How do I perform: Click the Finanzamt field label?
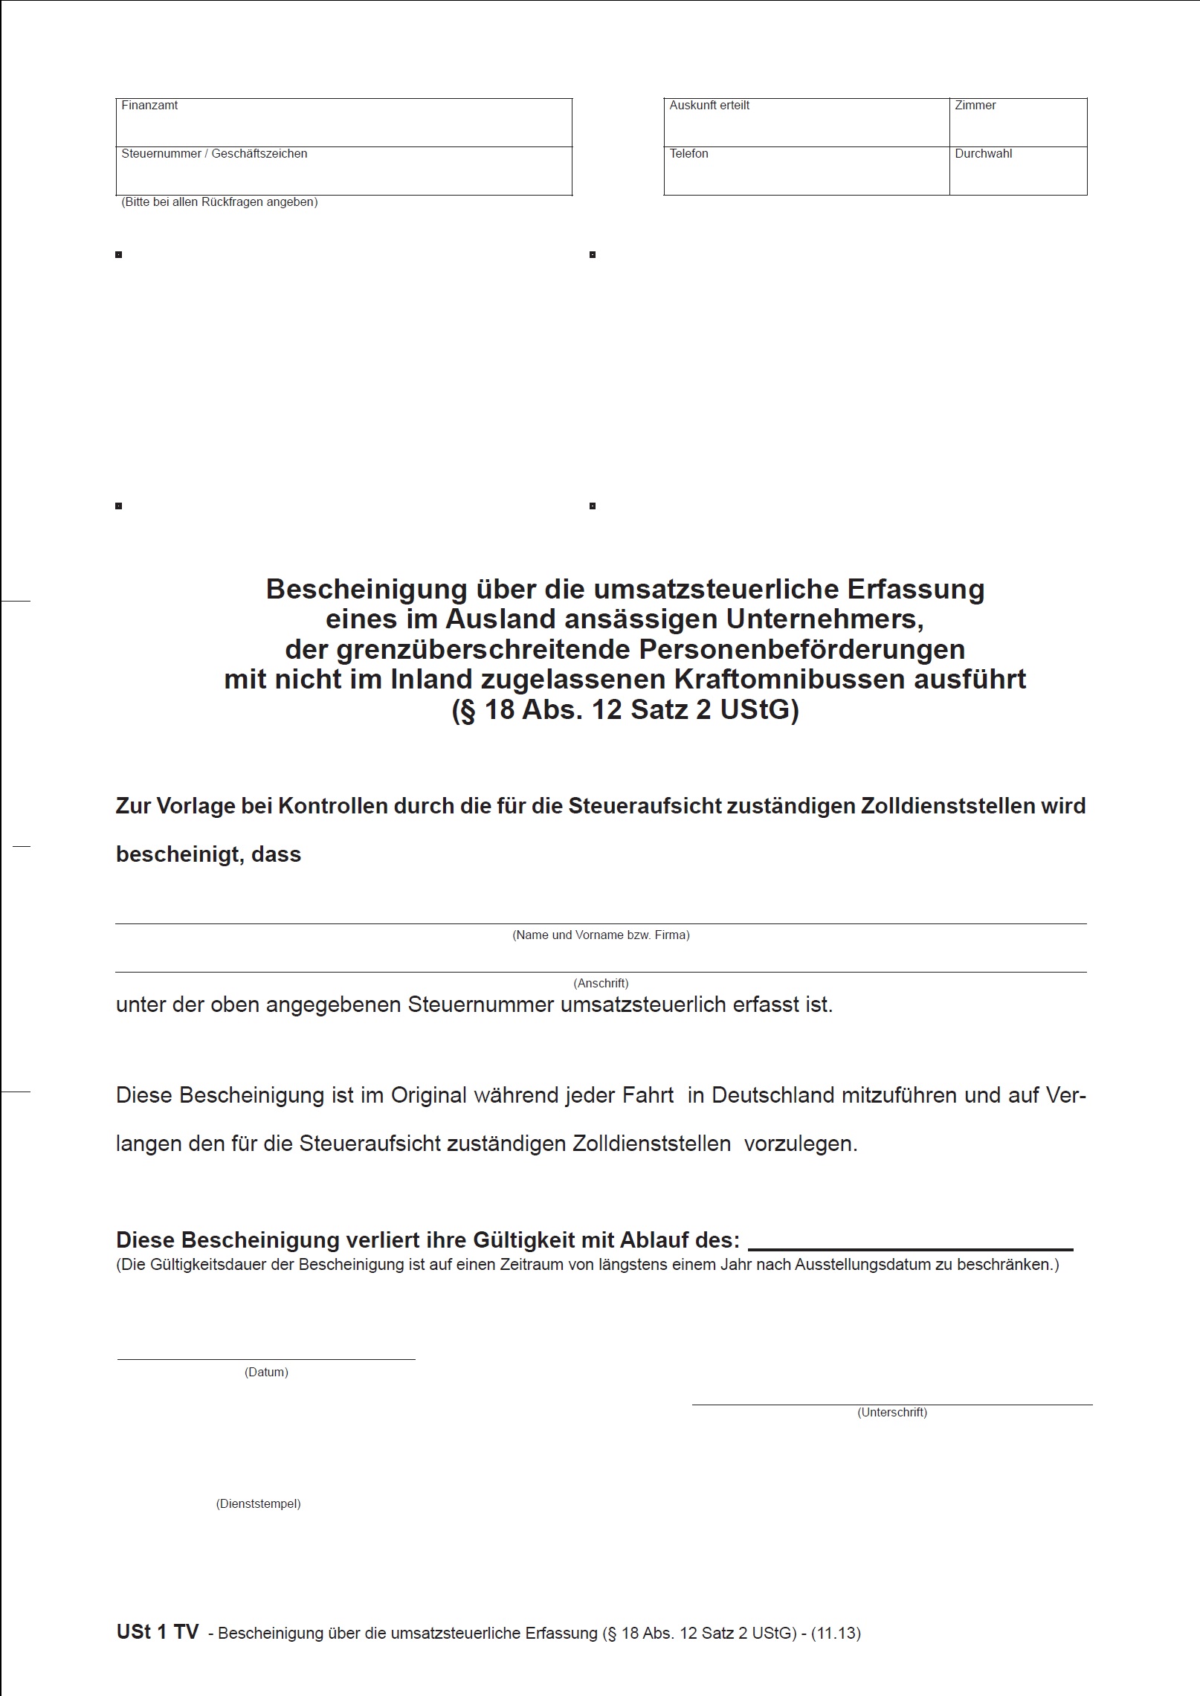click(x=149, y=106)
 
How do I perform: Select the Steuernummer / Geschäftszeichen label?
click(x=214, y=154)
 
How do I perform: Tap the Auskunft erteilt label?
click(x=709, y=106)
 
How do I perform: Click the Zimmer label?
click(x=975, y=106)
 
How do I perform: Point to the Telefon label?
click(x=688, y=154)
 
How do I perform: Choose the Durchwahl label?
click(x=983, y=154)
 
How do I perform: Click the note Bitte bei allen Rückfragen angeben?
click(x=219, y=202)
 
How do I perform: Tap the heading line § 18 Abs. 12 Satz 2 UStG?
click(x=625, y=711)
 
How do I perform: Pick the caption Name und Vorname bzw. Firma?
click(x=601, y=935)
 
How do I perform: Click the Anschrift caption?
click(x=601, y=983)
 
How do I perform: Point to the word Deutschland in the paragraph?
click(x=772, y=1095)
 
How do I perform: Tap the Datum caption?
click(x=266, y=1372)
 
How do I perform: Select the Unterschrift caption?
click(x=891, y=1412)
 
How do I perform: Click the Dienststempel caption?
click(x=258, y=1503)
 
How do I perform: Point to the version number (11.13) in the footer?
click(x=836, y=1634)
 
